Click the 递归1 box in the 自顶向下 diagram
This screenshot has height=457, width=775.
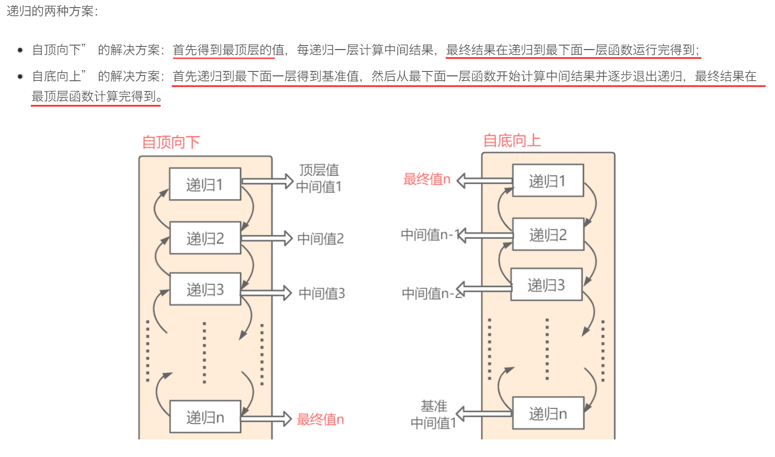click(x=205, y=184)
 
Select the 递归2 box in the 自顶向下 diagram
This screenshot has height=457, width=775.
click(x=205, y=238)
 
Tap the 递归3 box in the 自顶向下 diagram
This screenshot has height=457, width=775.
click(x=205, y=290)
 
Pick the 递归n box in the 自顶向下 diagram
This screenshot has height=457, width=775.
click(x=205, y=417)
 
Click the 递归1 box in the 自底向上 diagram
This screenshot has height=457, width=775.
click(x=547, y=181)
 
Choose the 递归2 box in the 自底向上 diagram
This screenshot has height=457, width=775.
click(x=547, y=234)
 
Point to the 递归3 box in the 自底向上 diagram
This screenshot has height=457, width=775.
click(x=546, y=285)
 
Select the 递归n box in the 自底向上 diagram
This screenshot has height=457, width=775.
click(x=547, y=414)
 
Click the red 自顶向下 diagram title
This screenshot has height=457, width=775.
click(x=171, y=142)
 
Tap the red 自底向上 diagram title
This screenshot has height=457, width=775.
click(x=512, y=141)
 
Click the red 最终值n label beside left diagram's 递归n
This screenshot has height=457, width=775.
click(x=320, y=420)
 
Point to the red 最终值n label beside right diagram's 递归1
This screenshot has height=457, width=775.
click(x=427, y=179)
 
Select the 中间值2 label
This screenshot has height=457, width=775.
click(x=320, y=239)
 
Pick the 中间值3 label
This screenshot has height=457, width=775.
click(x=321, y=294)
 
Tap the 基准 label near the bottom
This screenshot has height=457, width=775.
click(x=434, y=406)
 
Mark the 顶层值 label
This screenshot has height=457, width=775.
click(x=319, y=170)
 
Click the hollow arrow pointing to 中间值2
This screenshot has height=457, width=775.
click(x=267, y=238)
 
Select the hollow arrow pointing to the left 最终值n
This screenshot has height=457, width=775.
click(x=266, y=419)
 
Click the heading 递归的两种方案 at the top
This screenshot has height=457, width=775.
click(x=52, y=11)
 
